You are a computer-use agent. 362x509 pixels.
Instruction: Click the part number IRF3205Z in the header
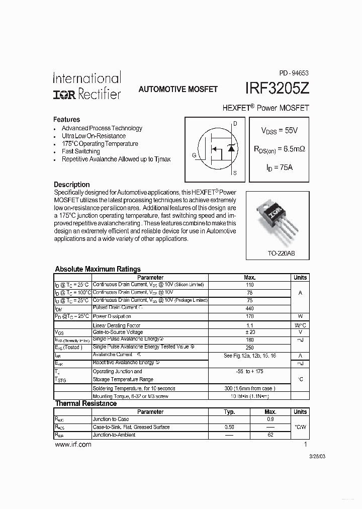[277, 89]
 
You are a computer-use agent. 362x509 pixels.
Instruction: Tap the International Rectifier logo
[87, 86]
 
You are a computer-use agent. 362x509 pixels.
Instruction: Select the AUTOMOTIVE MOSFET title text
[178, 89]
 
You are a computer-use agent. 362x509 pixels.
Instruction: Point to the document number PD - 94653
[294, 72]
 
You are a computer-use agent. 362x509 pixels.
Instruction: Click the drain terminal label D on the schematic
[235, 123]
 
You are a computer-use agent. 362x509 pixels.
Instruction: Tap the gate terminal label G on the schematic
[194, 155]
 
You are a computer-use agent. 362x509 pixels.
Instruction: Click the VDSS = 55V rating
[279, 130]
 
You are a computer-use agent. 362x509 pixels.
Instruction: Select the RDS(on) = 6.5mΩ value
[280, 149]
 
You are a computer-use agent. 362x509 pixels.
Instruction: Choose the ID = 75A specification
[280, 167]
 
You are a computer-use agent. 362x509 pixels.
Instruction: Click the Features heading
[66, 120]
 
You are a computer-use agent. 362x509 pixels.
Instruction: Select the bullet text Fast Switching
[80, 151]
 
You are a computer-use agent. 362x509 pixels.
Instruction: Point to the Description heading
[71, 185]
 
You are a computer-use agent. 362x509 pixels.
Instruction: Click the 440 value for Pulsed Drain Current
[249, 308]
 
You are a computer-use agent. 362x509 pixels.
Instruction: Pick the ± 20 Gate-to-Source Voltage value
[249, 332]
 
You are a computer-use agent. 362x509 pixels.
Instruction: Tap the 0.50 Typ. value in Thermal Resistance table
[229, 427]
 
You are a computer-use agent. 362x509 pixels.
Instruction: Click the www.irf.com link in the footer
[72, 445]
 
